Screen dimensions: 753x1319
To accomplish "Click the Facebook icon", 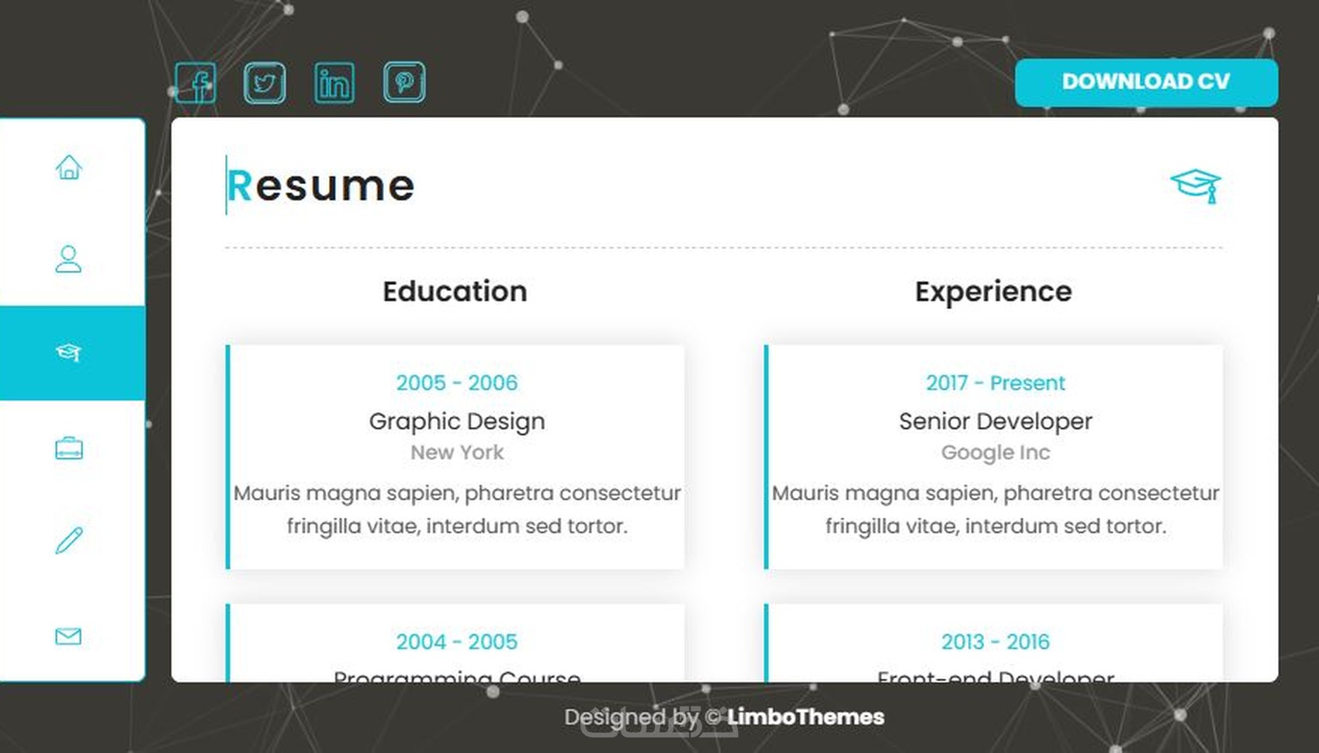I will click(x=196, y=82).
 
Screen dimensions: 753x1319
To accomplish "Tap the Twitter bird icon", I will click(x=265, y=82).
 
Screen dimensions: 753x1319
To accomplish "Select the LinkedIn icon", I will click(x=334, y=82).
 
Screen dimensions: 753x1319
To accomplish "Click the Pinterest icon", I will click(x=404, y=82).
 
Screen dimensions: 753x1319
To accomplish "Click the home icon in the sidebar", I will click(x=69, y=167).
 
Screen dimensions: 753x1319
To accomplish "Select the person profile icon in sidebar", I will click(x=68, y=259).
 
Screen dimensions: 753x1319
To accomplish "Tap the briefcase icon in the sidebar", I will click(x=69, y=448).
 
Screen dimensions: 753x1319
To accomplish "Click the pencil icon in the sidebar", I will click(x=69, y=540).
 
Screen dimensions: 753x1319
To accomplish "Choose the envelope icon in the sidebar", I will click(x=68, y=637).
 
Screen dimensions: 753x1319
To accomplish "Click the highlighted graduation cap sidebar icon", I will click(x=68, y=352).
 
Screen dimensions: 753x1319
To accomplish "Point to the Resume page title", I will click(x=320, y=186).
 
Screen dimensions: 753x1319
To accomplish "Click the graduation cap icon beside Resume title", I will click(x=1196, y=186).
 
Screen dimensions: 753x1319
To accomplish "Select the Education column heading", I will click(x=455, y=292).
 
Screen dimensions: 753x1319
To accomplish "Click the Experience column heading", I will click(x=993, y=292).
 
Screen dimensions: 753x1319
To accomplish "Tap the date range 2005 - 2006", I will click(x=456, y=383).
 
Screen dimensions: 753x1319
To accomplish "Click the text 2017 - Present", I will click(x=995, y=383).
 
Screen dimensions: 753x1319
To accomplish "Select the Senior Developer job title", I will click(x=995, y=422).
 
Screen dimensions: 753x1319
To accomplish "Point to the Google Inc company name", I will click(x=995, y=453).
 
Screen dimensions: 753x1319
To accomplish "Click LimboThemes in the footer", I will click(x=805, y=717).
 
